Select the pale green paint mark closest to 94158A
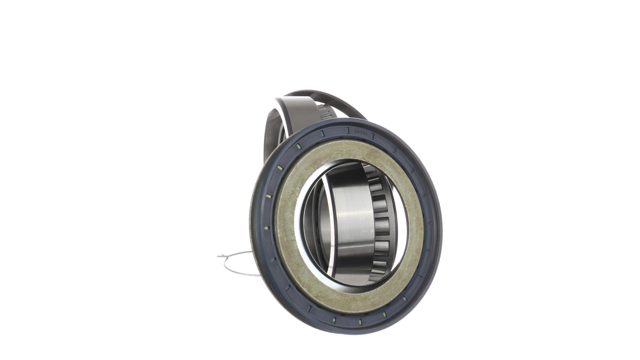click(322, 134)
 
